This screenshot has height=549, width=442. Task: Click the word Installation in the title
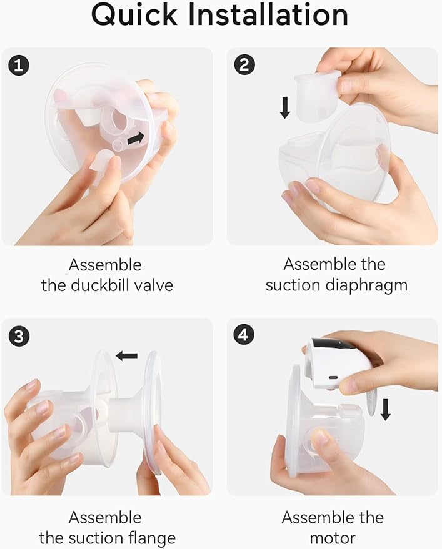274,16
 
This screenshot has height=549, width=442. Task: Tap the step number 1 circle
19,65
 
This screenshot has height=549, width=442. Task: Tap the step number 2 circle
244,65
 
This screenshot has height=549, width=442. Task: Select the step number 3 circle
19,336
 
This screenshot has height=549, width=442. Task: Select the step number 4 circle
244,335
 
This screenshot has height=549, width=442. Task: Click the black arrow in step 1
135,139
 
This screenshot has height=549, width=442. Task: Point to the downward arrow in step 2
285,107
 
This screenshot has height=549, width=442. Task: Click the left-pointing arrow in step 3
127,355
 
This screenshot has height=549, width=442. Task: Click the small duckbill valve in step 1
102,164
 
